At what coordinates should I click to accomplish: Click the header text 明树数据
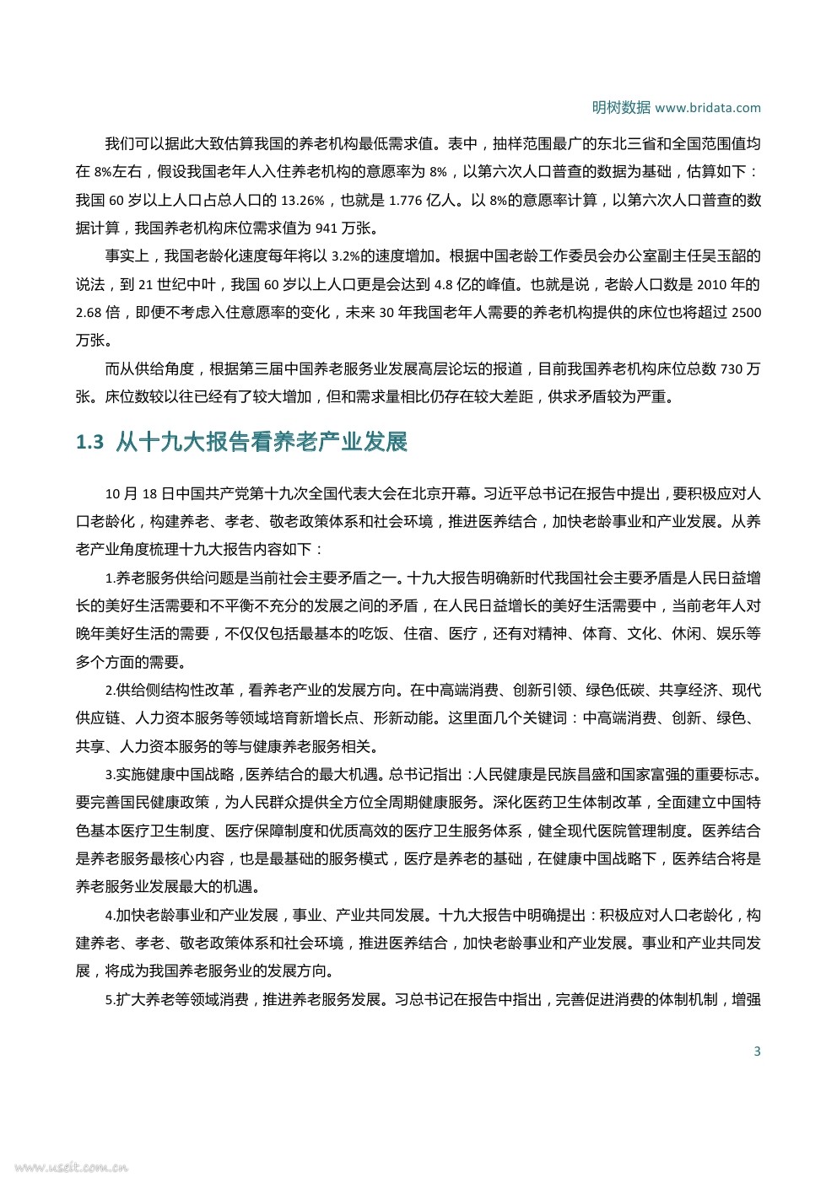(x=620, y=107)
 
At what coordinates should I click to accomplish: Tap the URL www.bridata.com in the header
(x=707, y=108)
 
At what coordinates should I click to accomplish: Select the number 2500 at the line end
(x=746, y=312)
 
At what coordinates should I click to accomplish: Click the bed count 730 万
(x=740, y=368)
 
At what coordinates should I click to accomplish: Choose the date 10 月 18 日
(x=139, y=493)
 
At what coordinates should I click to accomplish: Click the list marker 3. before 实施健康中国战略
(x=110, y=775)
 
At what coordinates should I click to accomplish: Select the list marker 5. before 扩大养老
(x=110, y=1000)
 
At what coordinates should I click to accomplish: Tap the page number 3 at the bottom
(x=757, y=1051)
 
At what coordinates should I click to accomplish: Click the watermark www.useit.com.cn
(x=71, y=1169)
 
